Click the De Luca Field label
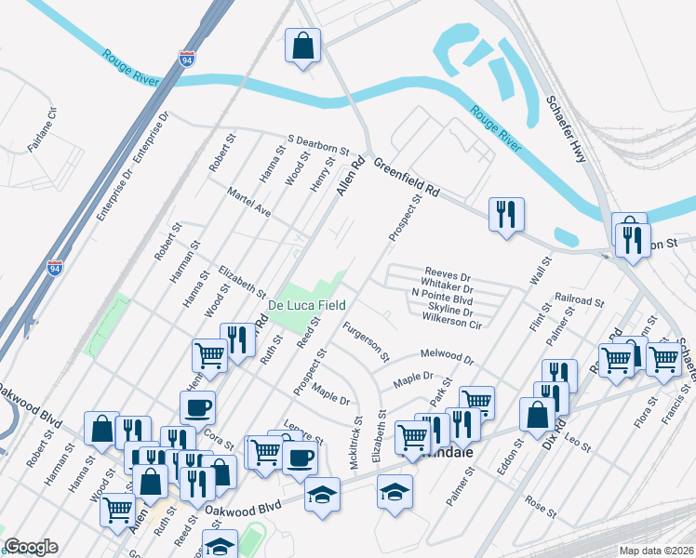coord(307,305)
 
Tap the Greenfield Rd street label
coord(406,177)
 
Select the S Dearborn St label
coord(316,144)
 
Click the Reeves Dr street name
coord(448,276)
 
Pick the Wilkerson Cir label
coord(451,320)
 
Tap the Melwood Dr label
coord(448,356)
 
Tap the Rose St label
coord(540,507)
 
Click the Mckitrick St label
coord(357,436)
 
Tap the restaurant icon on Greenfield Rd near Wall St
coord(506,216)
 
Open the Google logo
coord(31,547)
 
